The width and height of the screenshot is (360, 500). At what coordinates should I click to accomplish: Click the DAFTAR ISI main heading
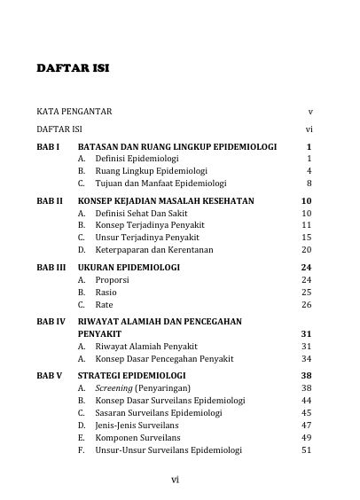pyautogui.click(x=73, y=69)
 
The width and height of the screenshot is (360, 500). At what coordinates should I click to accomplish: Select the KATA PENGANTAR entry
pyautogui.click(x=74, y=113)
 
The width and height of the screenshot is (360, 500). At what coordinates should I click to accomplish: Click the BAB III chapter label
pyautogui.click(x=51, y=266)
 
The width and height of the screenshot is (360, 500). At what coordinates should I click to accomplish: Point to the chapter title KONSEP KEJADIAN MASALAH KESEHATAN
pyautogui.click(x=166, y=201)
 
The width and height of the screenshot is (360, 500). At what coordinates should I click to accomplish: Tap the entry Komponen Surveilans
pyautogui.click(x=137, y=437)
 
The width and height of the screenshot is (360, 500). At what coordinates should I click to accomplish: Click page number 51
pyautogui.click(x=307, y=449)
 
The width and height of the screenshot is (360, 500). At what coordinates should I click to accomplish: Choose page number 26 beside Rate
pyautogui.click(x=307, y=305)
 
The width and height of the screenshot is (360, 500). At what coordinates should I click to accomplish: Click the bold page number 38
pyautogui.click(x=307, y=375)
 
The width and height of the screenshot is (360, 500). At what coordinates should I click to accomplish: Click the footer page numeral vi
pyautogui.click(x=176, y=480)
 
